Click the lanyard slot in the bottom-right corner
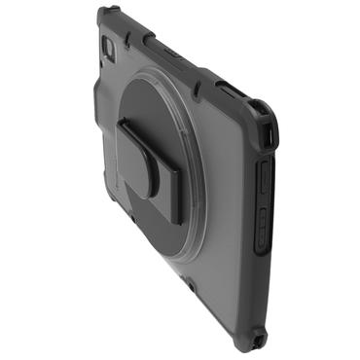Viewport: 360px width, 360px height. [256, 342]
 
